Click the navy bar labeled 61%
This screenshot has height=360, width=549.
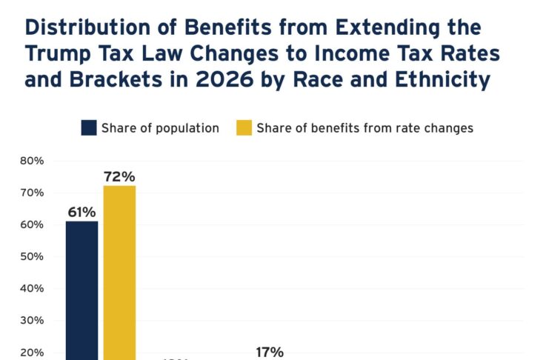tap(81, 289)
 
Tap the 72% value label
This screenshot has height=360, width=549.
tap(119, 176)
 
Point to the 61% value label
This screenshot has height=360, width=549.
tap(81, 212)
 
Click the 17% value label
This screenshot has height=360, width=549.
tap(270, 352)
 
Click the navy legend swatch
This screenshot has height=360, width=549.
tap(89, 128)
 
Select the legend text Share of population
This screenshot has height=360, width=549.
tap(160, 128)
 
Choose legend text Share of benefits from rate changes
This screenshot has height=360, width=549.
tap(365, 128)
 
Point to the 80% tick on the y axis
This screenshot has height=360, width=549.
tap(33, 161)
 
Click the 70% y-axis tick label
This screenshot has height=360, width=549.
tap(33, 193)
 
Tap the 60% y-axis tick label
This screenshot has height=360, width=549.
tap(33, 224)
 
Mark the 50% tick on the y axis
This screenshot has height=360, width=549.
tap(33, 256)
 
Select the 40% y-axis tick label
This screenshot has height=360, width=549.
tap(33, 288)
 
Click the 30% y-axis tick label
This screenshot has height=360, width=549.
tap(33, 320)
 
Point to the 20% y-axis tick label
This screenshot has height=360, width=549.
tap(33, 352)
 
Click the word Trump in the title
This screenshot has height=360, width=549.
tap(61, 54)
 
